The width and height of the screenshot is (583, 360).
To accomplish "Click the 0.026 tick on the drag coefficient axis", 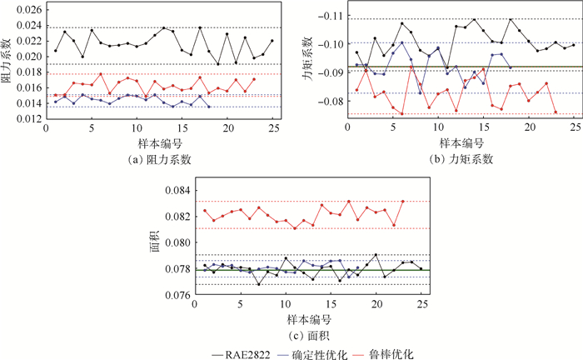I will [23, 10].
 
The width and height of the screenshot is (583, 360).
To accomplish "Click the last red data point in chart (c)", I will [402, 201].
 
